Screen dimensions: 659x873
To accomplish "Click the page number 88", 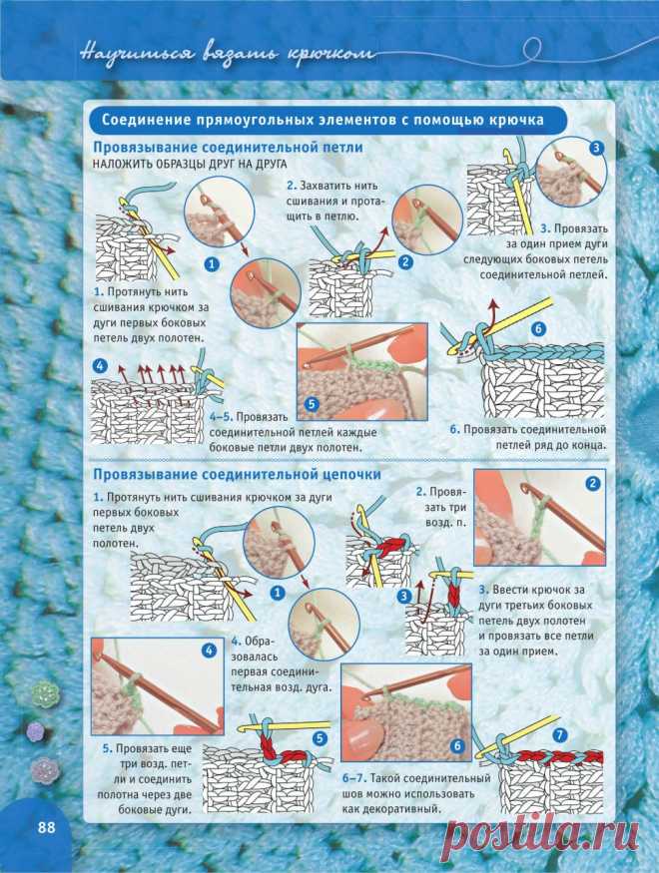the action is (x=47, y=827).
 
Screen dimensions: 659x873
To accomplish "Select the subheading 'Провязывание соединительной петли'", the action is (x=228, y=148).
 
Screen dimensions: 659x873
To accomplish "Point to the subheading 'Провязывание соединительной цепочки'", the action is (x=237, y=474).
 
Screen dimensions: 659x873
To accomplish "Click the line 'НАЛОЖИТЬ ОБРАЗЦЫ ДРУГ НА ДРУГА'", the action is (x=190, y=165).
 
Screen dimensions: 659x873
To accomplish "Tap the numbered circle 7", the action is (x=560, y=735).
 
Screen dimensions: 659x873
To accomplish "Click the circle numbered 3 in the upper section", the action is (x=596, y=148).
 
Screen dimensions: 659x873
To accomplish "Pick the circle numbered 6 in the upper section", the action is (x=538, y=328).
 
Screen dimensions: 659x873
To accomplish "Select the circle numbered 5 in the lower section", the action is (x=320, y=738).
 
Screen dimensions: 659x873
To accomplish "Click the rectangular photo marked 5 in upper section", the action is (x=362, y=372).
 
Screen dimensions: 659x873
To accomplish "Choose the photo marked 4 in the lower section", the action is (x=158, y=686).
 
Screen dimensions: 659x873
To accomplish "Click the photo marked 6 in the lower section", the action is (x=406, y=712).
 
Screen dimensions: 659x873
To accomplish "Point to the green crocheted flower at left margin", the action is (x=45, y=693).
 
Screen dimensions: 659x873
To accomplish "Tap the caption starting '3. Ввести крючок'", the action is (x=536, y=621).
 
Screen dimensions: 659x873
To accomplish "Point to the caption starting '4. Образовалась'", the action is (x=281, y=663).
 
